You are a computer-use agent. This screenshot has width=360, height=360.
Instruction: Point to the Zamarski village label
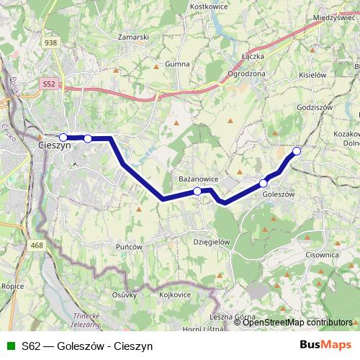pyautogui.click(x=134, y=36)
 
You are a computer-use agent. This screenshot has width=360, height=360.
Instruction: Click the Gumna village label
pyautogui.click(x=177, y=64)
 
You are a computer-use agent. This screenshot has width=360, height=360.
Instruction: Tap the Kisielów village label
pyautogui.click(x=312, y=74)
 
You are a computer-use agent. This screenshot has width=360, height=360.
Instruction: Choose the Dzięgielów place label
pyautogui.click(x=212, y=243)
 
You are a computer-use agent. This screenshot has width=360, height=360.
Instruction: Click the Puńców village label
pyautogui.click(x=130, y=246)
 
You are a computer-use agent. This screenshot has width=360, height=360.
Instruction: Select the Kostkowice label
pyautogui.click(x=208, y=6)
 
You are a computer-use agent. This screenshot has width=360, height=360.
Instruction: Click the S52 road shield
pyautogui.click(x=49, y=84)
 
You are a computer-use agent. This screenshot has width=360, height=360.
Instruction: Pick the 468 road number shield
pyautogui.click(x=37, y=246)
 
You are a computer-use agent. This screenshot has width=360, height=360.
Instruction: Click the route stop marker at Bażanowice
pyautogui.click(x=197, y=191)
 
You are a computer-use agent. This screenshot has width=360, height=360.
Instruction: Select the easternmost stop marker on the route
pyautogui.click(x=296, y=150)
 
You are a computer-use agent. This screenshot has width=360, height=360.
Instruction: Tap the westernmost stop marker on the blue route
pyautogui.click(x=63, y=137)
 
